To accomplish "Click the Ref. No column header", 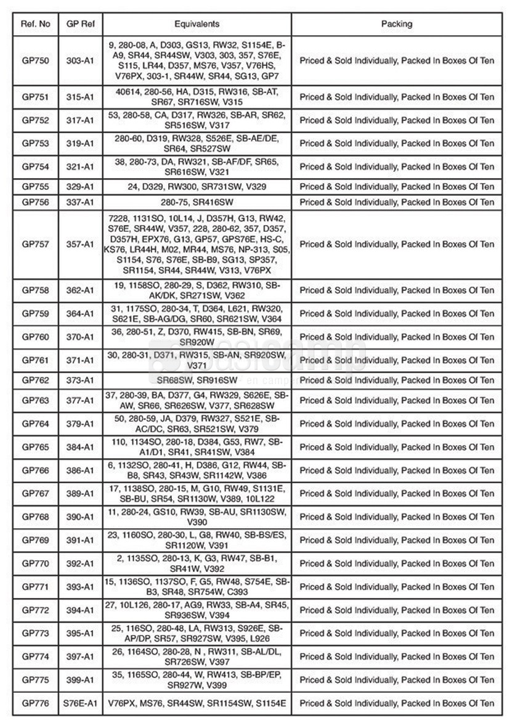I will point(36,24).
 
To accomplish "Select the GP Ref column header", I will point(80,24).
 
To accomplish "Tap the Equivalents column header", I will point(197,24).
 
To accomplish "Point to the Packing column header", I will point(397,24).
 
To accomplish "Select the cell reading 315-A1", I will point(80,97).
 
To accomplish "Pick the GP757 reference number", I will point(36,244).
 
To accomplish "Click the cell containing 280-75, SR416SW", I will point(197,202).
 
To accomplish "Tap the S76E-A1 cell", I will point(80,703).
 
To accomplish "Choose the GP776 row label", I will point(36,703).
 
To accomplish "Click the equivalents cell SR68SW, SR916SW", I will point(197,380).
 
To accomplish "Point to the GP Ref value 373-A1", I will point(80,380).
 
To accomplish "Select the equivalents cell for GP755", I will point(197,187).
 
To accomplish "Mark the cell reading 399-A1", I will point(80,679).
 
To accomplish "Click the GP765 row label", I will point(36,447).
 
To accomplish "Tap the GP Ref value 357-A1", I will point(80,244).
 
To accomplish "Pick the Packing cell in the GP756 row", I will point(397,202).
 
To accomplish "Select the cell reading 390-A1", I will point(80,517).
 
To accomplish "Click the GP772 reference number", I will point(36,610).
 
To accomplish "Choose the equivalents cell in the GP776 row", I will point(197,703).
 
